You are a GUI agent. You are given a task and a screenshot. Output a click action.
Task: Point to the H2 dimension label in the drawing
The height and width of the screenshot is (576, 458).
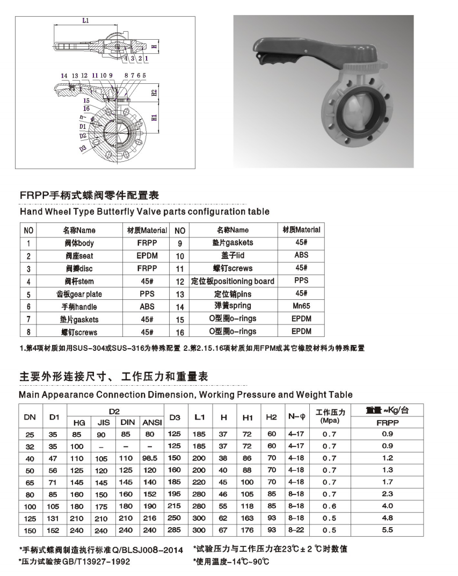point(154,92)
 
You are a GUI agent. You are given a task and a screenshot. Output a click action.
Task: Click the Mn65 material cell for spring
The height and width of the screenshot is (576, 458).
point(301,306)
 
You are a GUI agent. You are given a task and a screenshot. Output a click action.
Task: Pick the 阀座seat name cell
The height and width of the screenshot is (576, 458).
point(79,256)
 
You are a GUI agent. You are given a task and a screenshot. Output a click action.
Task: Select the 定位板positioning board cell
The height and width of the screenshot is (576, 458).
point(232,281)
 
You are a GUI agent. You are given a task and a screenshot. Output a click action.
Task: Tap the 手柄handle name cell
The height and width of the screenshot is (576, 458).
point(79,307)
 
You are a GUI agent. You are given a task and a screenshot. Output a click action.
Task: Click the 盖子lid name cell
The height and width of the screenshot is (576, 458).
point(232,256)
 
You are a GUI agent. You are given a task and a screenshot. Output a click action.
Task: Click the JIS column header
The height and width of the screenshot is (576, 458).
point(104,423)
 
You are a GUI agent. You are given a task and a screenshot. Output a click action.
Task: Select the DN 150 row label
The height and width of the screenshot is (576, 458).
point(30,530)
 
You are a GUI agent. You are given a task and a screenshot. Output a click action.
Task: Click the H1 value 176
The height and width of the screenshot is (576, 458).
point(248,530)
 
